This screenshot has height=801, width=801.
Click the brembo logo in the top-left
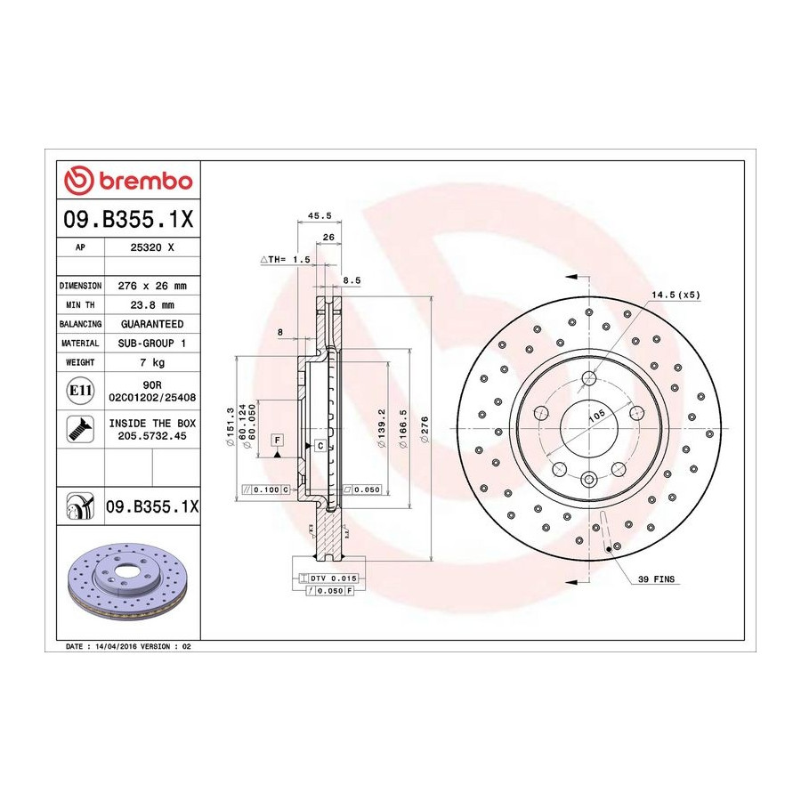127,181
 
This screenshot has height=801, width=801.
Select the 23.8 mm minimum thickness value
152,305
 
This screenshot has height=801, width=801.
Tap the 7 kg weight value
152,362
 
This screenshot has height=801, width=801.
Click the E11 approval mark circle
80,391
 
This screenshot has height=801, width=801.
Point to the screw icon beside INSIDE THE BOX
80,429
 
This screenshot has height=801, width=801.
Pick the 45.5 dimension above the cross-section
320,215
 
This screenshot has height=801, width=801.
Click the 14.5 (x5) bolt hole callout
676,295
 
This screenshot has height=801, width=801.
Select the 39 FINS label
656,578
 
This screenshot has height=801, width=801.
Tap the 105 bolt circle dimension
596,416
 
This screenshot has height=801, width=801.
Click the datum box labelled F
278,440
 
